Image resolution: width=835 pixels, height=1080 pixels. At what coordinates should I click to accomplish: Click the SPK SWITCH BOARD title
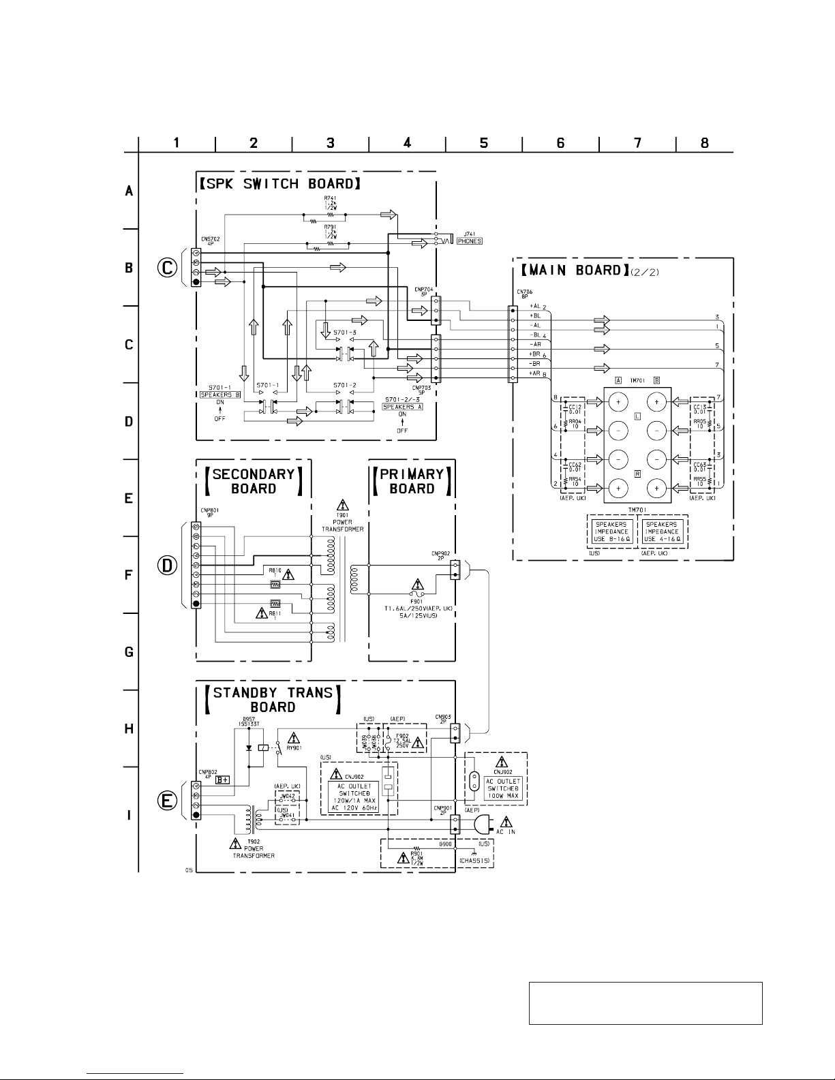pos(279,183)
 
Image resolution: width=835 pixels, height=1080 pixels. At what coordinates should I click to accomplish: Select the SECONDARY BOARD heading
pos(254,481)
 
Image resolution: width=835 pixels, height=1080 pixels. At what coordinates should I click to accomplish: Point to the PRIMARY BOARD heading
pos(412,481)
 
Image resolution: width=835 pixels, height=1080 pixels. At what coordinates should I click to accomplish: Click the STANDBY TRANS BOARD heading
pos(273,700)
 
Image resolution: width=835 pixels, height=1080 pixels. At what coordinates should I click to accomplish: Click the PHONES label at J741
pos(470,241)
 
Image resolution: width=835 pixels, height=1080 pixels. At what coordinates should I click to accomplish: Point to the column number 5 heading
pos(483,142)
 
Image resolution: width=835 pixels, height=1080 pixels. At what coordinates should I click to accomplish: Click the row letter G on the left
pos(129,652)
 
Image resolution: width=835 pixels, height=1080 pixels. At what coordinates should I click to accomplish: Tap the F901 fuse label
pos(418,602)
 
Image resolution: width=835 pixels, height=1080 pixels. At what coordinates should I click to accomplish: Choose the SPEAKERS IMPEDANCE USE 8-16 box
pos(612,531)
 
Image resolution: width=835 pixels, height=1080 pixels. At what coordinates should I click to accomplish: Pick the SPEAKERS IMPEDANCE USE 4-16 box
pos(662,531)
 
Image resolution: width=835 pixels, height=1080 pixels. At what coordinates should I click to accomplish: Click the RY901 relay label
pos(294,747)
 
